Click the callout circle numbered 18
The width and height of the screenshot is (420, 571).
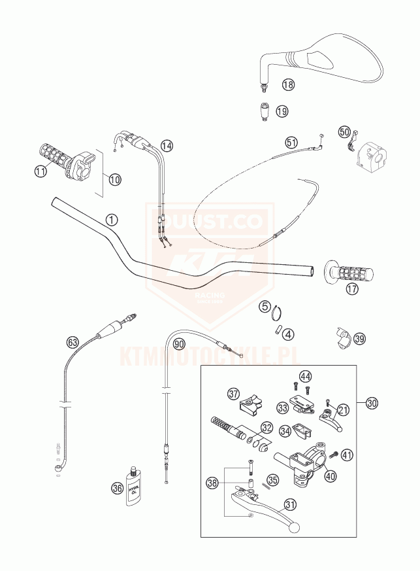(288, 84)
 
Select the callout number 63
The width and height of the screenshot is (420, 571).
(73, 341)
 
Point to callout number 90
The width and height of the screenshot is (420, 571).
(179, 343)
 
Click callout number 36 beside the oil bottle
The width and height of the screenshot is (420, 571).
(118, 487)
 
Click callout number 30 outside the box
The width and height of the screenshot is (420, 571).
(372, 404)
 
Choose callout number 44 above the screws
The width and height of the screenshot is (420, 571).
(306, 376)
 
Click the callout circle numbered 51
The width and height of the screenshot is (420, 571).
(291, 142)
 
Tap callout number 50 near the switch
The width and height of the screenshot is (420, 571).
(344, 131)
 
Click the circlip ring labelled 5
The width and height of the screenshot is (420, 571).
(276, 314)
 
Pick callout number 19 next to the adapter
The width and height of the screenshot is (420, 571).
(282, 111)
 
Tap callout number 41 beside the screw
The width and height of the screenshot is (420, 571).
(347, 454)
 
